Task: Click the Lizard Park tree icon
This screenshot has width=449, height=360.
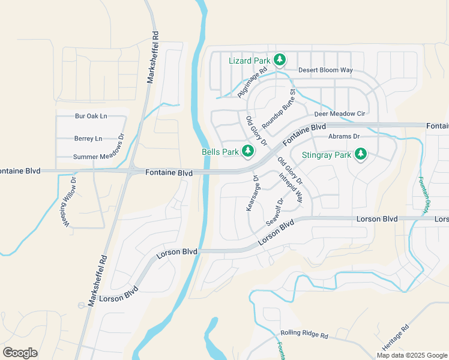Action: click(x=279, y=59)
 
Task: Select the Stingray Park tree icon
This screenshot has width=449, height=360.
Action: click(x=360, y=154)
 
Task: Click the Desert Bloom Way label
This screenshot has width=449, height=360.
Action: click(x=325, y=70)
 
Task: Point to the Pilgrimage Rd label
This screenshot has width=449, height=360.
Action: click(x=251, y=84)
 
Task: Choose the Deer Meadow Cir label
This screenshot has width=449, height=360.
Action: click(x=340, y=114)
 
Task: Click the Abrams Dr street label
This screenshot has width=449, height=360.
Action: click(x=343, y=137)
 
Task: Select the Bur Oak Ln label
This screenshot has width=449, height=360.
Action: click(x=91, y=116)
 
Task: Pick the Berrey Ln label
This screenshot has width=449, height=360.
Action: click(x=88, y=139)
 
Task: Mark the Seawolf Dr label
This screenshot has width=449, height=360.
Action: click(x=274, y=212)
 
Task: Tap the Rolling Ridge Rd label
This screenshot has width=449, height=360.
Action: click(x=304, y=335)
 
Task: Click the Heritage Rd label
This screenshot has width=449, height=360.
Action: click(x=396, y=338)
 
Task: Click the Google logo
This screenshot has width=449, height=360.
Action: click(x=20, y=353)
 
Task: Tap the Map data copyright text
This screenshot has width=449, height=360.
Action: click(x=412, y=355)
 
